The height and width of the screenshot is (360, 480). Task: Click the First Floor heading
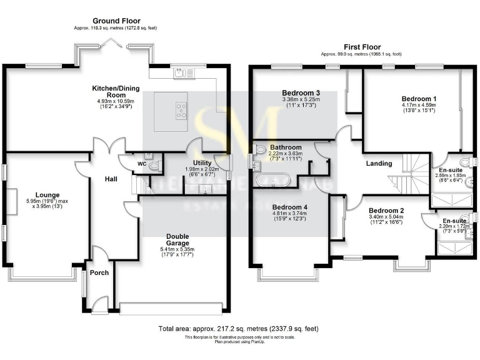[361, 47]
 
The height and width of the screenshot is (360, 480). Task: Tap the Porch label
[99, 272]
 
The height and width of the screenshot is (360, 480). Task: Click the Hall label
[111, 179]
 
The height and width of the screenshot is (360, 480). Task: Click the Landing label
[379, 164]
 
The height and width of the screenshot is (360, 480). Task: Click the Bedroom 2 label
[386, 211]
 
